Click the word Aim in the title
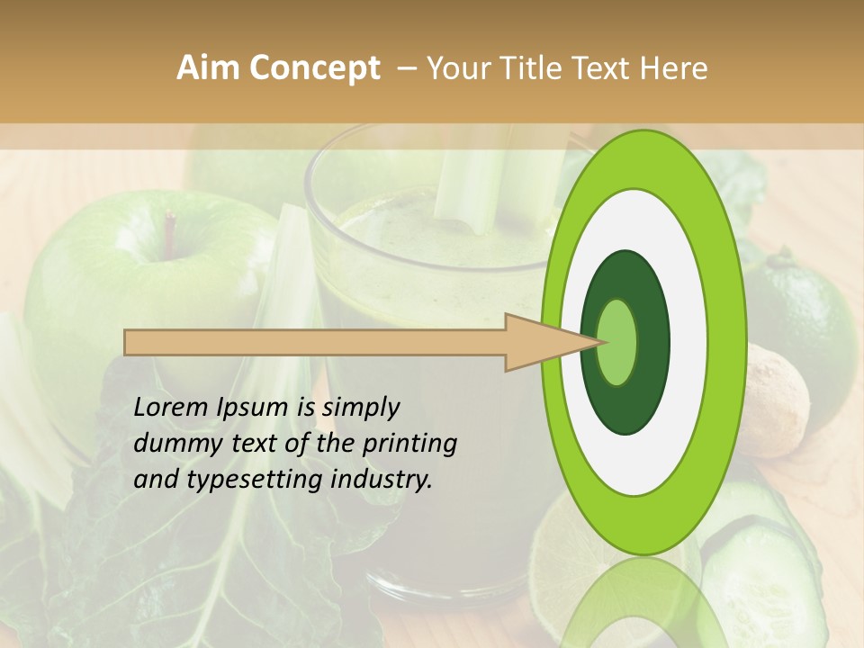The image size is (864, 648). [209, 69]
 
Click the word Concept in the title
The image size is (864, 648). [313, 69]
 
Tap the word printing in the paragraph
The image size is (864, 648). [409, 444]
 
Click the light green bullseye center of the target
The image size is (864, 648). [617, 342]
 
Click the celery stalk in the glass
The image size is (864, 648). [472, 189]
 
